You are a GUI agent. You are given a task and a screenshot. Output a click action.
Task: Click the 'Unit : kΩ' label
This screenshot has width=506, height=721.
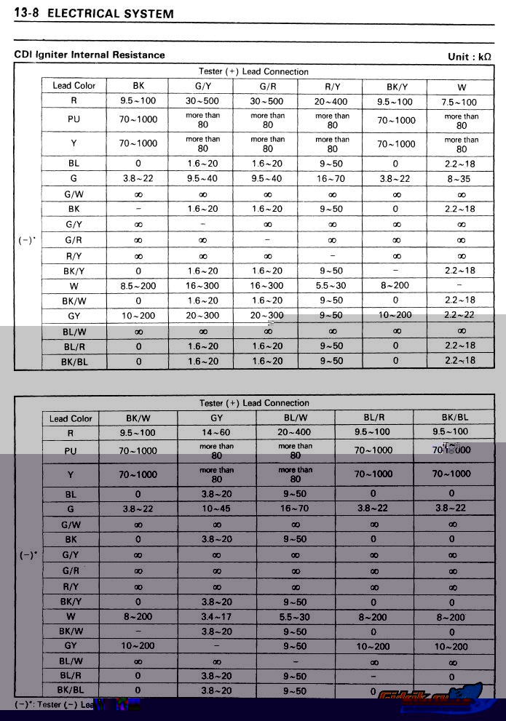point(470,56)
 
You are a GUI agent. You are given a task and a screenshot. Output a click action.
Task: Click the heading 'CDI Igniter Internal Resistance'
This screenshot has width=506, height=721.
point(90,55)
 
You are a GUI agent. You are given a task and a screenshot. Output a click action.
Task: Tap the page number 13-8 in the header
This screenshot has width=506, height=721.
point(27,14)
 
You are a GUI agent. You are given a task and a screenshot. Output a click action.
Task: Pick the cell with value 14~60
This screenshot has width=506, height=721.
point(216,432)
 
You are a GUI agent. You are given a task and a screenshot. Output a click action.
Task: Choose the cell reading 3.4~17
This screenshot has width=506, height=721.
point(216,617)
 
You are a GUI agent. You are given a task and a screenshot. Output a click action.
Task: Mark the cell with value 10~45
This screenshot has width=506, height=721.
point(216,509)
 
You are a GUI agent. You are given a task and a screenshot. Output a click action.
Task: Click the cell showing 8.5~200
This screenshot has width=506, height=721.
point(138,286)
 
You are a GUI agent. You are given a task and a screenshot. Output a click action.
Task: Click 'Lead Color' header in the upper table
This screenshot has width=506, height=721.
point(74,86)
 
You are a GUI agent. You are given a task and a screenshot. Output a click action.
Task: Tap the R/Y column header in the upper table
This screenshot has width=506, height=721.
point(331,86)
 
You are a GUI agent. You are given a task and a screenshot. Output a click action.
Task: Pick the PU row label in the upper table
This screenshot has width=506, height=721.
point(74,119)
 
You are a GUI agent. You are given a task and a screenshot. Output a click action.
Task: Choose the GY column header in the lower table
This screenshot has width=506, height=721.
point(216,418)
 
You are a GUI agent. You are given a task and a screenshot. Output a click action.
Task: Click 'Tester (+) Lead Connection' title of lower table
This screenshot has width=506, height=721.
point(253,403)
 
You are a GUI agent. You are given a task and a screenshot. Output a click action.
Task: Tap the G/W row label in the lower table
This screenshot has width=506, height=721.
point(71,524)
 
